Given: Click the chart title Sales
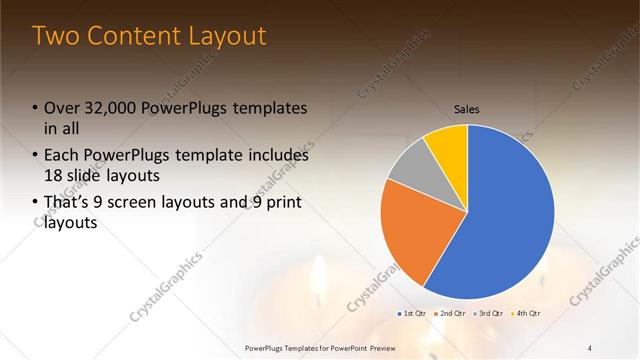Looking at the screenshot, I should [x=467, y=108].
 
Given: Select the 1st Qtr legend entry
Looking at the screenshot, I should [x=414, y=314].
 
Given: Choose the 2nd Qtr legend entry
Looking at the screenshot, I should [x=451, y=314].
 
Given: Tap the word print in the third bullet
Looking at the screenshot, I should [x=278, y=203].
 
